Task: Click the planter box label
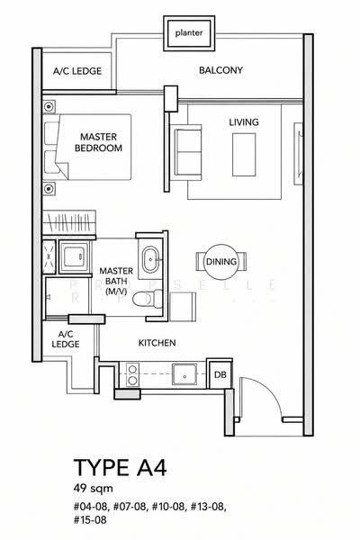(189, 33)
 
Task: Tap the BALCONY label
(220, 70)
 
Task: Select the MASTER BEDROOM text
(98, 142)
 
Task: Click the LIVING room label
(244, 122)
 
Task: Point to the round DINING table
(221, 262)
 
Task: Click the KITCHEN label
(157, 343)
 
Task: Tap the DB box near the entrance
(220, 374)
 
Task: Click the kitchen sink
(184, 374)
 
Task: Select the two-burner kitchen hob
(132, 374)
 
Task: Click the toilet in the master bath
(148, 299)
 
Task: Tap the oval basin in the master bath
(150, 259)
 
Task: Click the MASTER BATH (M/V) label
(116, 281)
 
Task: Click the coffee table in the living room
(244, 155)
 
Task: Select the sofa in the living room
(187, 153)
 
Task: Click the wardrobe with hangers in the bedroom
(69, 222)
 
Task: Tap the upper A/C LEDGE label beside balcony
(77, 71)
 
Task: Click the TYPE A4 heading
(121, 468)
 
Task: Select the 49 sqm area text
(93, 489)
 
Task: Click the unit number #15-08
(90, 519)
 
